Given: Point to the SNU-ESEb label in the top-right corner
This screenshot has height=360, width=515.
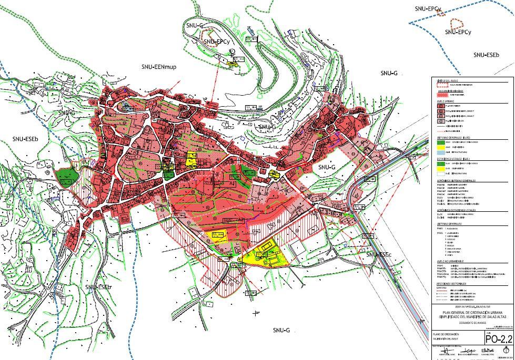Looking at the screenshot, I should click(486, 55).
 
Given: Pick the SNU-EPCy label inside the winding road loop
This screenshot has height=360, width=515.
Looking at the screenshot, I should click(218, 41).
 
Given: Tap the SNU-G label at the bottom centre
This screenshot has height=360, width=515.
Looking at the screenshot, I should click(281, 330).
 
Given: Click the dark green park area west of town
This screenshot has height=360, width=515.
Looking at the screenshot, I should click(66, 175).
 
